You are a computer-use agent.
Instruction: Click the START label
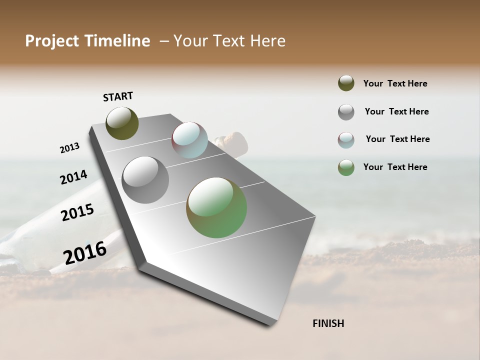pos(118,96)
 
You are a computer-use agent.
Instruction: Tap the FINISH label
pos(328,323)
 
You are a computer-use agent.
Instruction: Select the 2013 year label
pos(70,148)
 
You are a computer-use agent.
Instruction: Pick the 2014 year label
pos(74,177)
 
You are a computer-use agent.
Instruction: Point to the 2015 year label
pos(77,212)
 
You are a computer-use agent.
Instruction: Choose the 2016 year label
pos(85,252)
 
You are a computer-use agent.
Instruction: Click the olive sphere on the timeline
pos(122,123)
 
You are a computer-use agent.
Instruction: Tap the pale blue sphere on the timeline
pos(189,140)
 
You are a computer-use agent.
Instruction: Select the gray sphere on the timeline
pos(145,180)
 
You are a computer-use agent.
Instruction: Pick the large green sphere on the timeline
pos(216,207)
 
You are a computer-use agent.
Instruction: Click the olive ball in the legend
pos(346,83)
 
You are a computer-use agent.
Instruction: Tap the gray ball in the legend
pos(346,112)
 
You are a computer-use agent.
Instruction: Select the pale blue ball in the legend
pos(346,140)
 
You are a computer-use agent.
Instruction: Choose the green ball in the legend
pos(346,167)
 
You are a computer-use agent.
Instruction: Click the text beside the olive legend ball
pos(395,84)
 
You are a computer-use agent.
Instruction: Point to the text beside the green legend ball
pos(395,167)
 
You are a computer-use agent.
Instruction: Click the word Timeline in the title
pos(119,41)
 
